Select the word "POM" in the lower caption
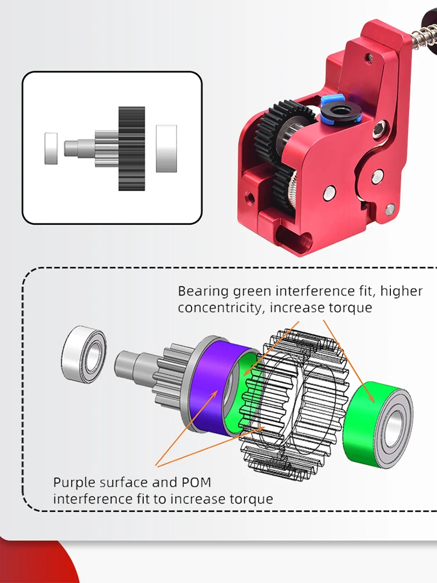click(196, 482)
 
